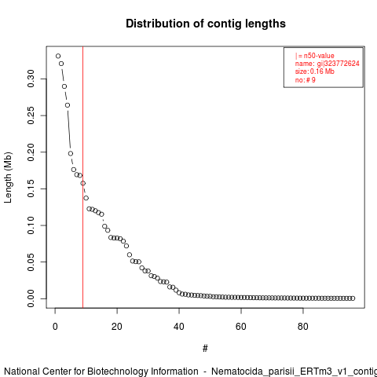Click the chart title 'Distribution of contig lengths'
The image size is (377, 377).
[x=206, y=24]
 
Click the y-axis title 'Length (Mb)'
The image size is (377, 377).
[x=8, y=178]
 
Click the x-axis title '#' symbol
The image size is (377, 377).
[x=205, y=349]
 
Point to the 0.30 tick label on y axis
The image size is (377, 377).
[x=31, y=79]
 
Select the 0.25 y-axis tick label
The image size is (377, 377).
[x=31, y=115]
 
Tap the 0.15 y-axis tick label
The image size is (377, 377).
[x=31, y=188]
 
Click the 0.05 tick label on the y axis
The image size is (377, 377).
[x=31, y=262]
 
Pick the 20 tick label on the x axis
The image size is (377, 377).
[x=117, y=327]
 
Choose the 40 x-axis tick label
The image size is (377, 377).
[x=179, y=327]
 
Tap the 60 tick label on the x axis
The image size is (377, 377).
[x=241, y=327]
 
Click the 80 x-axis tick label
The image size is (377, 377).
[x=303, y=327]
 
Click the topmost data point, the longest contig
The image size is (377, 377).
[x=58, y=56]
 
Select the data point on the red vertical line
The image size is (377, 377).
[x=83, y=183]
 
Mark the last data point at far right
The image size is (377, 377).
[x=353, y=298]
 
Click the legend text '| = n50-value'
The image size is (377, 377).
[x=315, y=56]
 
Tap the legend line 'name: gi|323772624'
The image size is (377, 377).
[x=328, y=64]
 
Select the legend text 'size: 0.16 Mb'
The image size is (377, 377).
[x=315, y=71]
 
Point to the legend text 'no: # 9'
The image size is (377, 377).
[x=306, y=80]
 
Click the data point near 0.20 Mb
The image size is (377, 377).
[x=71, y=153]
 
